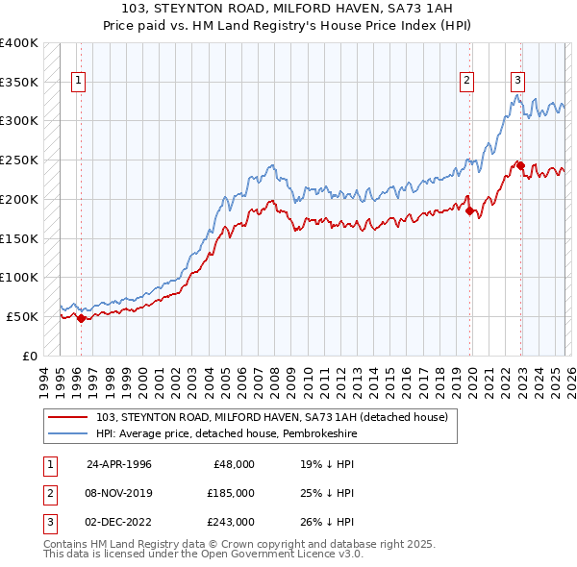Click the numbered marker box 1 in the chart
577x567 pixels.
coord(77,81)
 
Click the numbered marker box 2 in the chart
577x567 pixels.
coord(466,81)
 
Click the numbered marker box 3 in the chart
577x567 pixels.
coord(517,81)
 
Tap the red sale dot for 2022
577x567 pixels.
coord(521,166)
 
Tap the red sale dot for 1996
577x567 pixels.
coord(81,318)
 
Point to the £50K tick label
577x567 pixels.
coord(22,316)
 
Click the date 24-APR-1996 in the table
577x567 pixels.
coord(118,464)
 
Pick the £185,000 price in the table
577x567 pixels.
coord(232,493)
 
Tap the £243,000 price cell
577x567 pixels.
coord(232,522)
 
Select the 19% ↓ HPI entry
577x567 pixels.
coord(327,464)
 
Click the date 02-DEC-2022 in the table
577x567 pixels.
coord(118,522)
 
